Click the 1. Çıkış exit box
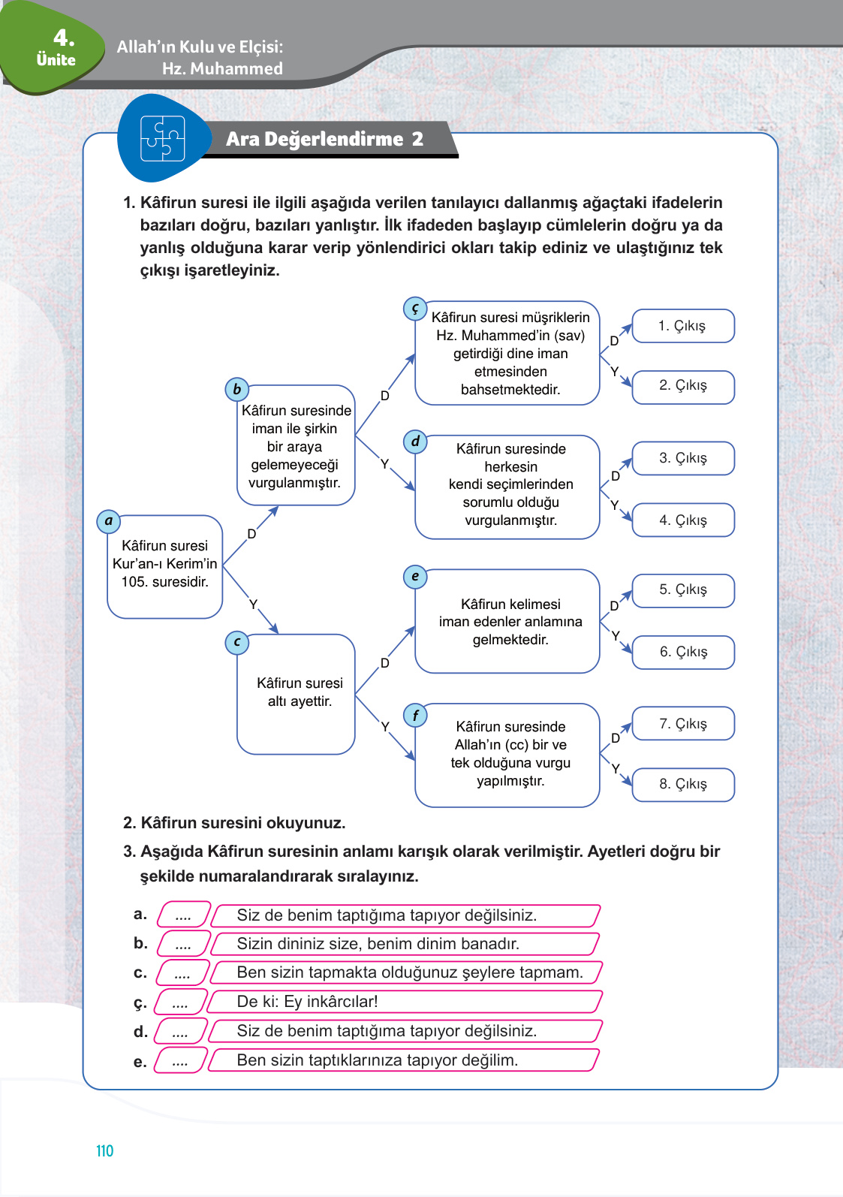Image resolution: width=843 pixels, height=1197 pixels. tap(682, 326)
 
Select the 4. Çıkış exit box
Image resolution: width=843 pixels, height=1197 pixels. tap(682, 520)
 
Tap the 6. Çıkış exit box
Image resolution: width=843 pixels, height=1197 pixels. tap(682, 652)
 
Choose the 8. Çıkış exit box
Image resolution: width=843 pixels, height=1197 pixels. tap(682, 784)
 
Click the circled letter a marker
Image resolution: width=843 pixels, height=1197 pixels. tap(109, 521)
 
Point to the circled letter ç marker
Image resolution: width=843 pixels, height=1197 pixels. tap(415, 309)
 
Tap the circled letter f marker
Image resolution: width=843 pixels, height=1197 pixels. tap(415, 716)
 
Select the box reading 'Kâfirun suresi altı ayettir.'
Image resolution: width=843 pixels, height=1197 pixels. tap(297, 694)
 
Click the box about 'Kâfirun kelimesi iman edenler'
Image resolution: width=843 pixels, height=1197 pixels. tap(508, 622)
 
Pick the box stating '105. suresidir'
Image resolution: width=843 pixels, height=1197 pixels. tap(165, 566)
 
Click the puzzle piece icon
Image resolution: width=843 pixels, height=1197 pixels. tap(162, 139)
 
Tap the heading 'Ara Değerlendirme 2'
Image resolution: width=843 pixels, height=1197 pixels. tap(324, 139)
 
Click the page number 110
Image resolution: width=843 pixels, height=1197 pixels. tap(104, 1150)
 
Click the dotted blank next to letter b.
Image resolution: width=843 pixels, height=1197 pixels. tap(183, 944)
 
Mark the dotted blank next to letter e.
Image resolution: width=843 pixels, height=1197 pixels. tap(180, 1060)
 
